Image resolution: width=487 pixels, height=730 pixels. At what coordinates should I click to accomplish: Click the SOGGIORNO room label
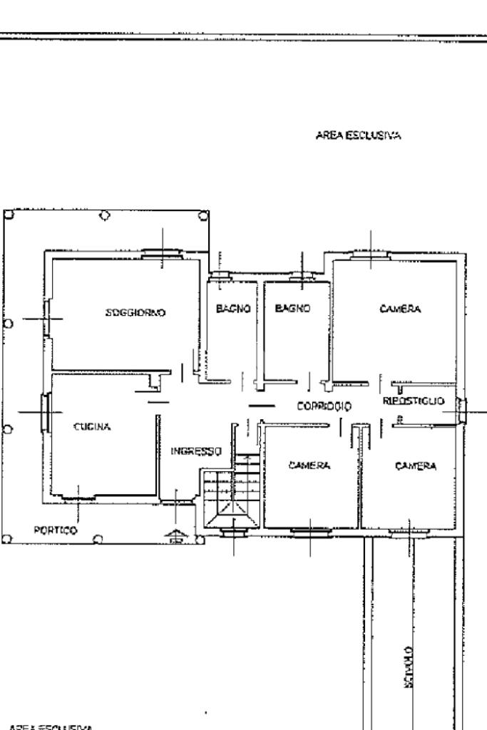[x=135, y=312]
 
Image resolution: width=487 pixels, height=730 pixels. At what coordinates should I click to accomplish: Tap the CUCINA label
[x=92, y=427]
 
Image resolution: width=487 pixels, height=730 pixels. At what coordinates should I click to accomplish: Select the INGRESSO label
[x=196, y=451]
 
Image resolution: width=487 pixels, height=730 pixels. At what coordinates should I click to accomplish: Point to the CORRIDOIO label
[x=324, y=406]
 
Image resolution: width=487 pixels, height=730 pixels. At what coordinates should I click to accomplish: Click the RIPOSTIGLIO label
[x=414, y=401]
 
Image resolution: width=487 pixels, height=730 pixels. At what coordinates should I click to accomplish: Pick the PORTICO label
[x=56, y=530]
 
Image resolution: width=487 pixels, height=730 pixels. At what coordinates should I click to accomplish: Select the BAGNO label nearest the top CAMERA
[x=292, y=309]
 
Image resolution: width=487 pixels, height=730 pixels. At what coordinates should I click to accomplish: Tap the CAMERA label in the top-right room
[x=400, y=309]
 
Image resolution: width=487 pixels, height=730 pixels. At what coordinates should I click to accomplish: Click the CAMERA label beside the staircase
[x=309, y=466]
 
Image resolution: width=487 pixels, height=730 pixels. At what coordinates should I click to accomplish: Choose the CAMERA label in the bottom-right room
[x=416, y=466]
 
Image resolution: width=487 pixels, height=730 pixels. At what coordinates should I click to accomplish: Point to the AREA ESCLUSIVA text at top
[x=357, y=135]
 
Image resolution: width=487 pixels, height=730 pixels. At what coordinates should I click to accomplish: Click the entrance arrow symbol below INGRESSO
[x=173, y=538]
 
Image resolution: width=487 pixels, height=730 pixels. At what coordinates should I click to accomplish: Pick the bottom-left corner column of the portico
[x=7, y=539]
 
